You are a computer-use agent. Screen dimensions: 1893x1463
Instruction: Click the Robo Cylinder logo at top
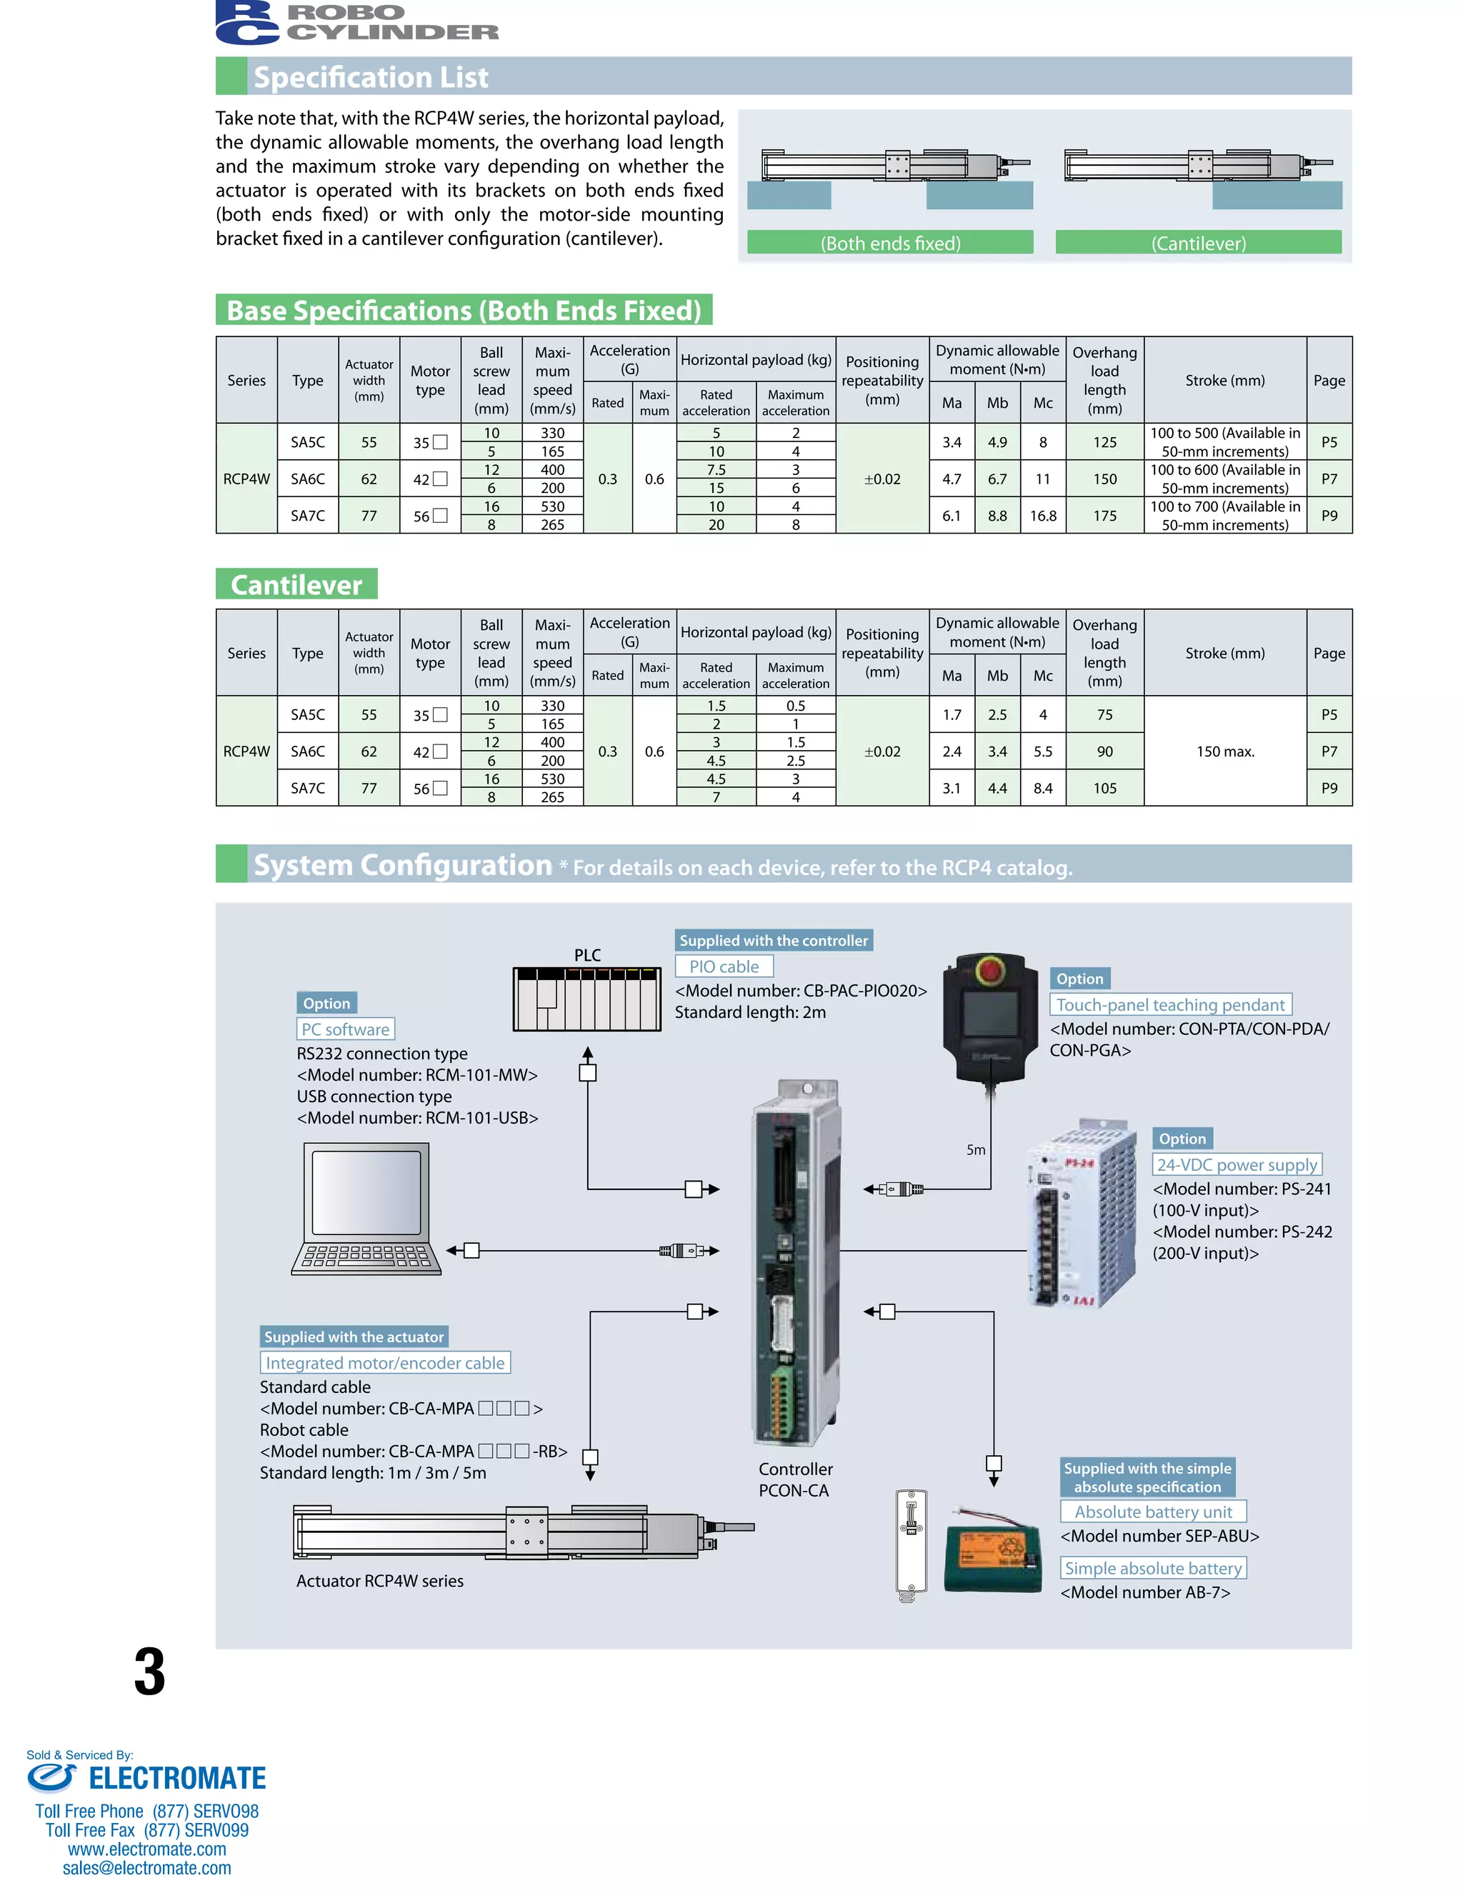pos(356,24)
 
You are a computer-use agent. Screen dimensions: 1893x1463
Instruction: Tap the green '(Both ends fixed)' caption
pos(890,244)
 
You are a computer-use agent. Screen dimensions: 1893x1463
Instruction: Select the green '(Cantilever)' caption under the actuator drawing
pos(1198,244)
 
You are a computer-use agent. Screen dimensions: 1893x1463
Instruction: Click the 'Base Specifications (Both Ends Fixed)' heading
pos(464,310)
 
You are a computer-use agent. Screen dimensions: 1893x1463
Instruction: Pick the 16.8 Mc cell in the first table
pos(1043,516)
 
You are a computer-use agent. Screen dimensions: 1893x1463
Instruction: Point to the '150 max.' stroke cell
pos(1224,751)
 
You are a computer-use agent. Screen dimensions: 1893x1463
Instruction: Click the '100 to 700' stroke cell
pos(1224,516)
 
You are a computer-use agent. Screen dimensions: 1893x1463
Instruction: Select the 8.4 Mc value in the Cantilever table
pos(1043,788)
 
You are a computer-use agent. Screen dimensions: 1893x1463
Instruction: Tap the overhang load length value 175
pos(1104,516)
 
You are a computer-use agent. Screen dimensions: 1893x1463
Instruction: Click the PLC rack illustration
pos(586,999)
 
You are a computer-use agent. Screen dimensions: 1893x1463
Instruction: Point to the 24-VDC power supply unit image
pos(1080,1214)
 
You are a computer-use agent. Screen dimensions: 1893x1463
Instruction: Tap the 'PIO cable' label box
pos(724,967)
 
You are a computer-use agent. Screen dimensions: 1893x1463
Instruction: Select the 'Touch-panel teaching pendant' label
pos(1170,1004)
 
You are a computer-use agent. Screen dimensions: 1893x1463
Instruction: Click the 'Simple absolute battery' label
pos(1153,1568)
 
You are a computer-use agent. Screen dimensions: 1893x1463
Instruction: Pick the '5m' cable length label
pos(976,1150)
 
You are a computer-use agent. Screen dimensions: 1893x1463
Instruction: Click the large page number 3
pos(149,1672)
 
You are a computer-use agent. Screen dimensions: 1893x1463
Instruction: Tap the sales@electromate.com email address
pos(146,1868)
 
